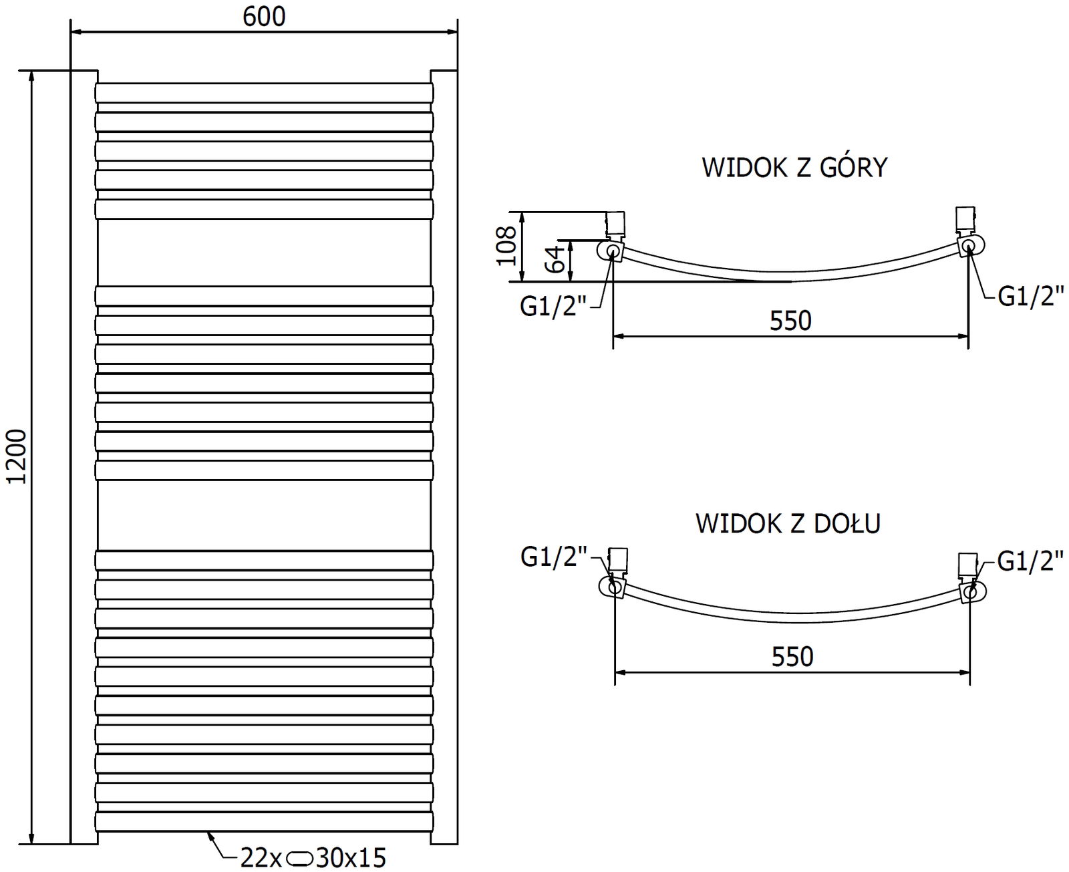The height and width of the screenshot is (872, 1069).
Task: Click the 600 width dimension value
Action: (x=264, y=17)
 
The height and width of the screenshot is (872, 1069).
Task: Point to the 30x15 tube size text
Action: (x=350, y=857)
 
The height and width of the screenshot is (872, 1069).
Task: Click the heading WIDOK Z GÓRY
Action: (x=794, y=167)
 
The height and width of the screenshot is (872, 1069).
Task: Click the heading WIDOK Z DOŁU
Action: (x=788, y=523)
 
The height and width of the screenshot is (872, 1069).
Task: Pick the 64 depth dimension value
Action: (x=556, y=261)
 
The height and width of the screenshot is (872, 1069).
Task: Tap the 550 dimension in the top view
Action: (x=790, y=321)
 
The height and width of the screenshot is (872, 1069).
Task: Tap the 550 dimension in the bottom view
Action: (x=792, y=657)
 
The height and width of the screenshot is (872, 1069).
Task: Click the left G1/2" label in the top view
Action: (x=553, y=307)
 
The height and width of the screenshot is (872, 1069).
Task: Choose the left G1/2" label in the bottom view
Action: (x=554, y=557)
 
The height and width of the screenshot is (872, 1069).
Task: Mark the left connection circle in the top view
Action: (x=613, y=251)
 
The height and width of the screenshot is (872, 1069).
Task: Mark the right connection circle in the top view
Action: (x=969, y=247)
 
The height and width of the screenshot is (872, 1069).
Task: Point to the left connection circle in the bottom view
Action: (x=613, y=587)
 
